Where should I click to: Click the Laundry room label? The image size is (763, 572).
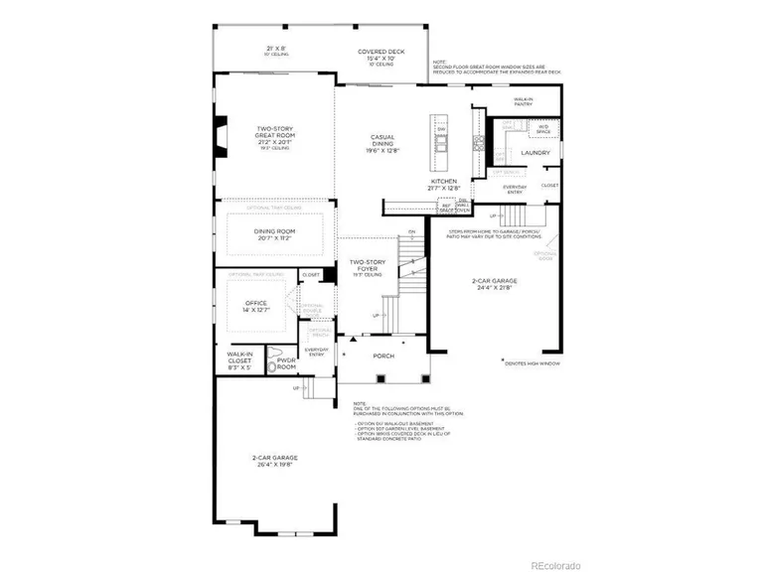(x=535, y=153)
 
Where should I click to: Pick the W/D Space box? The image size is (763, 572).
(x=543, y=128)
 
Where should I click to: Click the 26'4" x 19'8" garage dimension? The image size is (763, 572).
(x=274, y=464)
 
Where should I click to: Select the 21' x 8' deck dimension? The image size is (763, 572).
(x=275, y=49)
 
